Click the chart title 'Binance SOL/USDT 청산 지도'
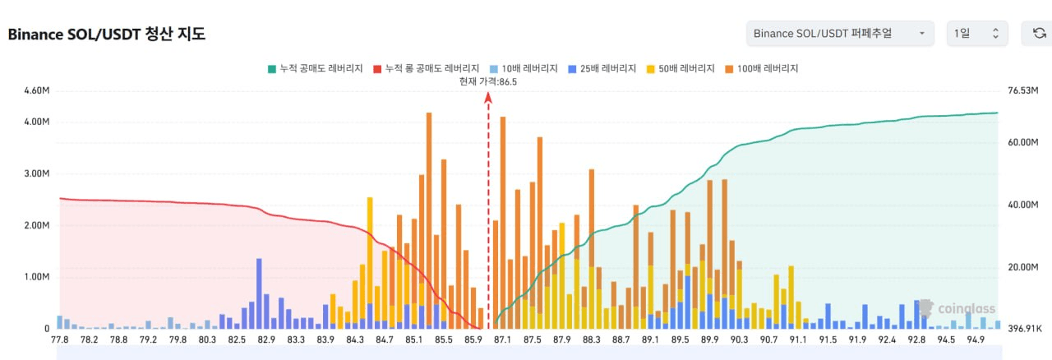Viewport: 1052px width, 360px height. [x=107, y=35]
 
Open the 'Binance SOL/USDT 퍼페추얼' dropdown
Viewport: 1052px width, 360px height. [x=840, y=34]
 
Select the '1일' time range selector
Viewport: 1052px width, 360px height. [x=977, y=34]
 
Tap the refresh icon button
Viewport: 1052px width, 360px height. [x=1038, y=34]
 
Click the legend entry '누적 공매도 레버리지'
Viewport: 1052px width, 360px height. [x=315, y=68]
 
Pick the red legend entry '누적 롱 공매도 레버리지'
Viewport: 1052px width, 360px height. [x=426, y=68]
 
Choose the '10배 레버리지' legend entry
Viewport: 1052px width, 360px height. [x=524, y=68]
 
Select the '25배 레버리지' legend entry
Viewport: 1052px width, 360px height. [x=602, y=68]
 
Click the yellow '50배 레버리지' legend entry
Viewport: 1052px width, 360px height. [x=681, y=68]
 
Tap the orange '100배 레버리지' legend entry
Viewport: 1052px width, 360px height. [x=762, y=68]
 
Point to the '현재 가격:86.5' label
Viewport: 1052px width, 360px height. [x=488, y=81]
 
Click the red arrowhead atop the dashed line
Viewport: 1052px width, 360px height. [x=488, y=97]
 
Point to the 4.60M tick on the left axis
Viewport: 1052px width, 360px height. [x=37, y=90]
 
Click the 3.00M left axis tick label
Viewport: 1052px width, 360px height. [x=37, y=173]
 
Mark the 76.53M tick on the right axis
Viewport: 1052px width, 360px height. [x=1023, y=90]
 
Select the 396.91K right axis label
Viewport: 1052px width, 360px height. [x=1025, y=329]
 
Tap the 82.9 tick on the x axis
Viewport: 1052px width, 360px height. [x=266, y=339]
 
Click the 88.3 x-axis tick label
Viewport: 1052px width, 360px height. [x=591, y=339]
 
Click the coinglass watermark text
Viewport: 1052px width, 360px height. [x=967, y=309]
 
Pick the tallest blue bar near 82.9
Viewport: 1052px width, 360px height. [x=259, y=293]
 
